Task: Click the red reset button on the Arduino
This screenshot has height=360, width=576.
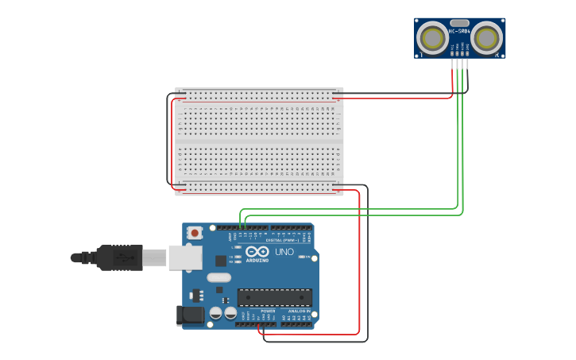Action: point(195,233)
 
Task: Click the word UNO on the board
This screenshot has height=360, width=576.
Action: point(284,252)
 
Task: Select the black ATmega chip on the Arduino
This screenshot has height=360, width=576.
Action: point(274,297)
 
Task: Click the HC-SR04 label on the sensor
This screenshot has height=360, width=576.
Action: point(459,31)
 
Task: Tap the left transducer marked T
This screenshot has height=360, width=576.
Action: point(433,37)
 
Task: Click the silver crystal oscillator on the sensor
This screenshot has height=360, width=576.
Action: point(459,23)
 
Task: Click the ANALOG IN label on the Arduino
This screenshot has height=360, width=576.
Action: point(297,310)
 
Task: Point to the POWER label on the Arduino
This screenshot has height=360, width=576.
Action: point(257,310)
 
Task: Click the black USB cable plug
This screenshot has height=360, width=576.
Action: point(119,257)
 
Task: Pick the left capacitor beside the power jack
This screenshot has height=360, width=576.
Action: point(216,314)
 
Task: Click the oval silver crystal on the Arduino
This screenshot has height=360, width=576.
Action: point(218,278)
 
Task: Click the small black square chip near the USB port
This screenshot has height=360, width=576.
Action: point(220,261)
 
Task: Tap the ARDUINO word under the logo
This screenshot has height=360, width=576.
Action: point(257,260)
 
